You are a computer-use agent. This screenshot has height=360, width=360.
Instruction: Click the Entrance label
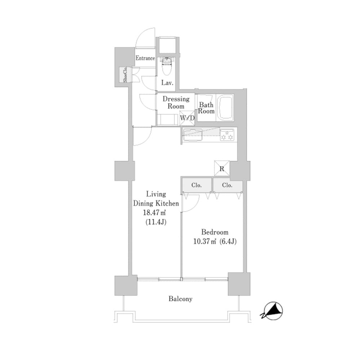(145, 58)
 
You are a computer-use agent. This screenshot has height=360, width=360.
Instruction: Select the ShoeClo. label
(125, 75)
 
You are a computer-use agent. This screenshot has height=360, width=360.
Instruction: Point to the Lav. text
(167, 83)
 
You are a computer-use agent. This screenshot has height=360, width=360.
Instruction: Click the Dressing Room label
(176, 102)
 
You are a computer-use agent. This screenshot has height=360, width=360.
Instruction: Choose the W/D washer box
(187, 118)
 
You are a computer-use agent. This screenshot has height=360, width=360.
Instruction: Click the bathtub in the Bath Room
(226, 107)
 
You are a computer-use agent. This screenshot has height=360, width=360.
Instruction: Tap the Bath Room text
(206, 108)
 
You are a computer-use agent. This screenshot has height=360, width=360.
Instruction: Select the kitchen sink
(193, 135)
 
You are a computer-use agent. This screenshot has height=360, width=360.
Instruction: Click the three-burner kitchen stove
(227, 135)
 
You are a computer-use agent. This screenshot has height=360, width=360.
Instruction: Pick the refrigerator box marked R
(222, 168)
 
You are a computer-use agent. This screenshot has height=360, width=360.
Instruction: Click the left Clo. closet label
(197, 185)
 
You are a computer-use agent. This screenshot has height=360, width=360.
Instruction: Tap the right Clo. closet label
(227, 185)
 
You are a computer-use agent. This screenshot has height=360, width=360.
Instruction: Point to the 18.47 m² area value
(154, 213)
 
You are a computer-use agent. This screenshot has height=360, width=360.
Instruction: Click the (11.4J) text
(156, 222)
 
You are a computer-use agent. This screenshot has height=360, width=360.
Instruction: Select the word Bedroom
(215, 232)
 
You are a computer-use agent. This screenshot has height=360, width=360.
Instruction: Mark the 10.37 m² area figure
(205, 242)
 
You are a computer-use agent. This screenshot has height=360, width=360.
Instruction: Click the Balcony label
(180, 299)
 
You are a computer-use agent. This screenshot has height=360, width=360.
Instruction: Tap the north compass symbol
(272, 311)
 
